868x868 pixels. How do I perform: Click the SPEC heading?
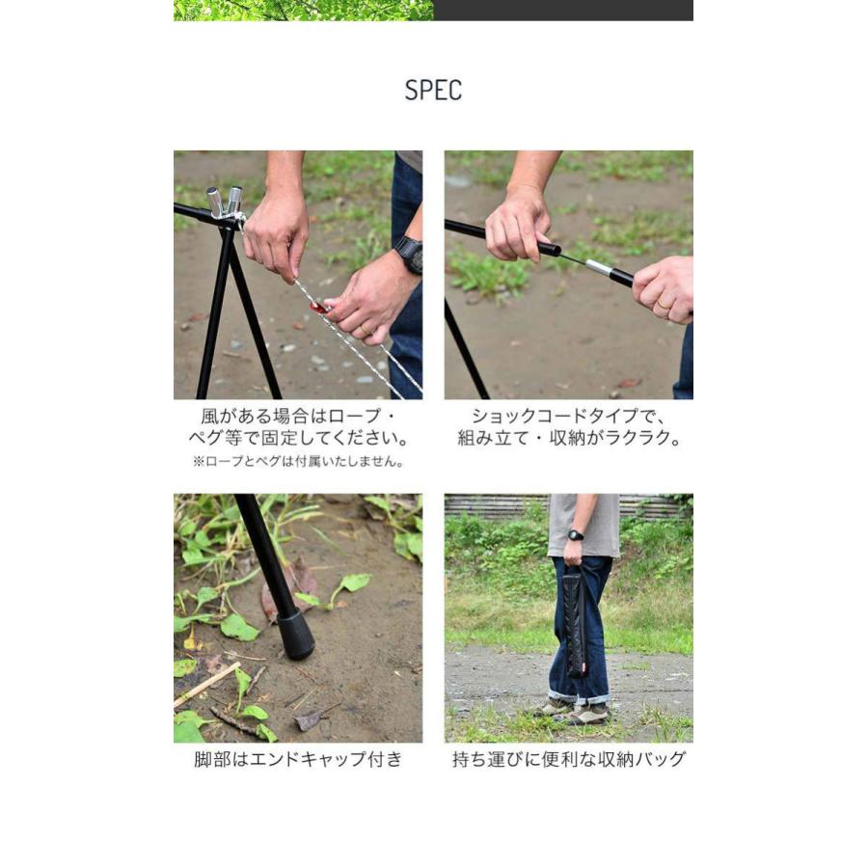(x=433, y=91)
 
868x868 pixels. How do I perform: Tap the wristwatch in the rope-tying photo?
(x=409, y=255)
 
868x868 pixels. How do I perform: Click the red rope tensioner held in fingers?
(x=318, y=307)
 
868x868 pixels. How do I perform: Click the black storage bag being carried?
(x=575, y=621)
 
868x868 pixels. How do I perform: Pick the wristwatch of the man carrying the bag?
(x=576, y=535)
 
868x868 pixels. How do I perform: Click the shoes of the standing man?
(x=575, y=711)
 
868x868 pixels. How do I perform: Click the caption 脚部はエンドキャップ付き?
(x=298, y=759)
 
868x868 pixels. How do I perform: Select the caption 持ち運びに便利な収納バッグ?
(x=569, y=759)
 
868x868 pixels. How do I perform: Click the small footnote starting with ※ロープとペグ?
(x=298, y=461)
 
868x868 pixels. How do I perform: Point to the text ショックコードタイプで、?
(x=569, y=416)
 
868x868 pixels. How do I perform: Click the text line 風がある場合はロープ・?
(x=298, y=416)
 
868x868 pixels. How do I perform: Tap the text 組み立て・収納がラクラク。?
(x=569, y=438)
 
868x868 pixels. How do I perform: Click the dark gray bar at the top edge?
(x=563, y=10)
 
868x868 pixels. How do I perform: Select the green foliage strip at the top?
(x=303, y=10)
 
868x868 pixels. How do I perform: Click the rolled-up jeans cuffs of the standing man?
(x=578, y=696)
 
